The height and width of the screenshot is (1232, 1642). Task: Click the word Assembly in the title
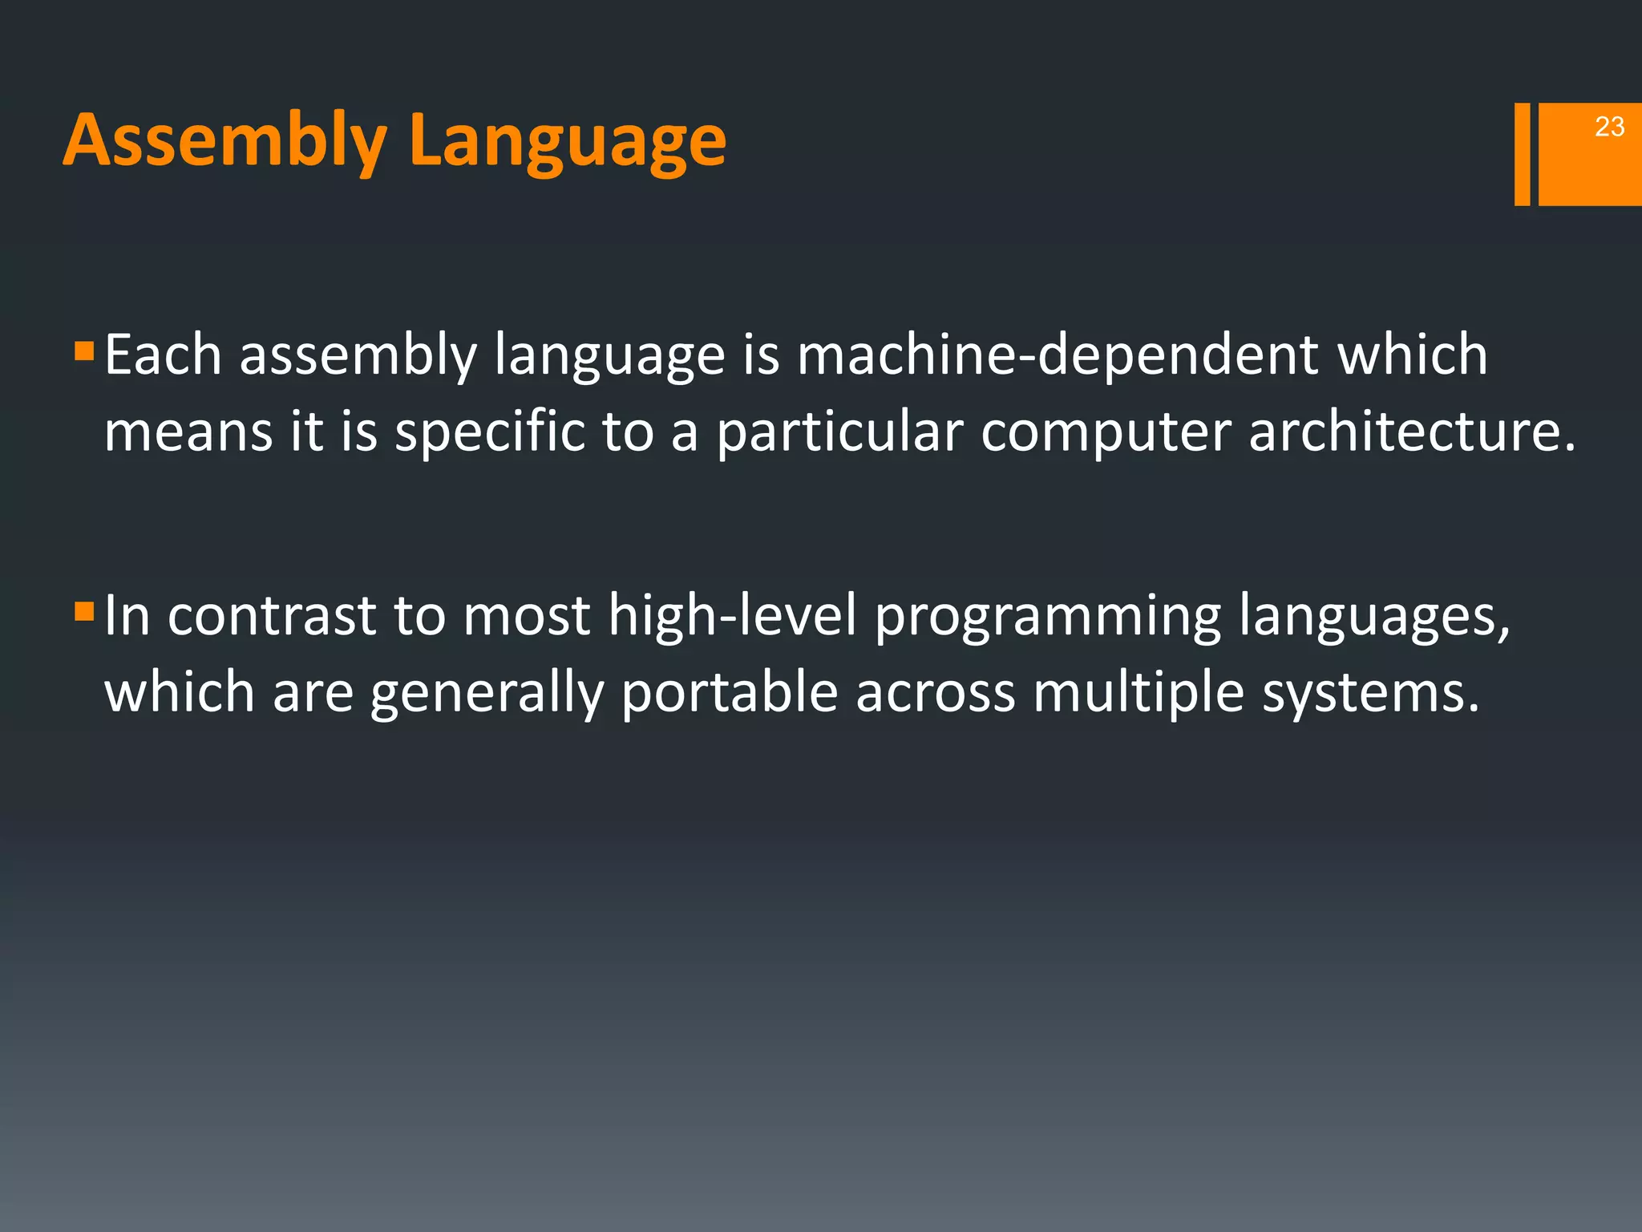[224, 140]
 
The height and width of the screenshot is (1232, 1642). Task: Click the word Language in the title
[567, 140]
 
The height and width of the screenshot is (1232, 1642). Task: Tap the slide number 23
[1609, 127]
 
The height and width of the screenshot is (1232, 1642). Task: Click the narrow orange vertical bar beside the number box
[1522, 154]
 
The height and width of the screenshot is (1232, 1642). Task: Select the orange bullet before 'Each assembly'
[83, 351]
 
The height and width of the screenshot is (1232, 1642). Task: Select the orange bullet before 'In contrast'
[83, 612]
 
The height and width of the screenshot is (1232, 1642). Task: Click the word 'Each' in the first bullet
[163, 355]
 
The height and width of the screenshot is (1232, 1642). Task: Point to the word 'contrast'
[271, 616]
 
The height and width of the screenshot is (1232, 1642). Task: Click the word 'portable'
[729, 693]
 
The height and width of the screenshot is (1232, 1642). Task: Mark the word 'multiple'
[1138, 693]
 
